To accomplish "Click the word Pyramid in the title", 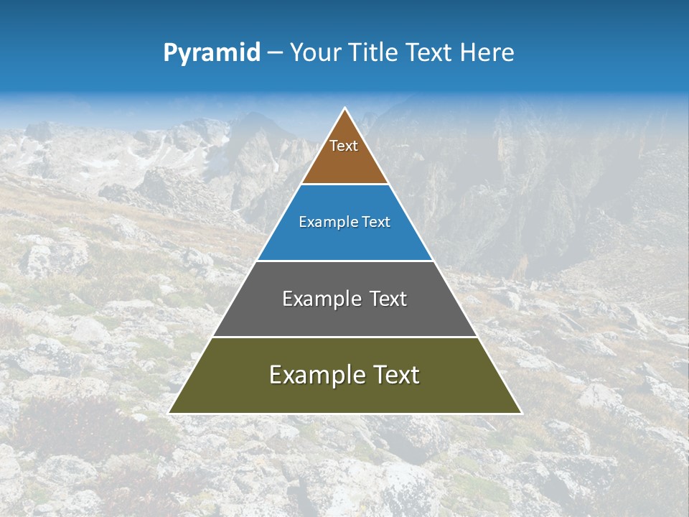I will pos(212,53).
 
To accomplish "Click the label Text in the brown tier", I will pos(344,146).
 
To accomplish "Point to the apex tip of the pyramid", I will pos(345,109).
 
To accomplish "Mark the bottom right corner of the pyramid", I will pos(520,413).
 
